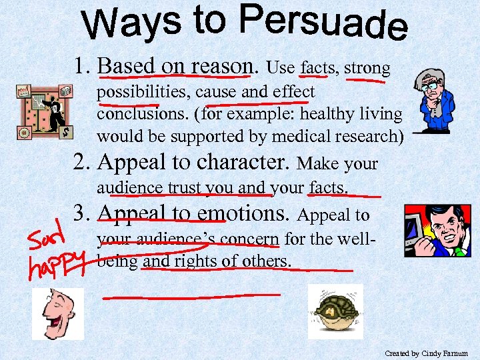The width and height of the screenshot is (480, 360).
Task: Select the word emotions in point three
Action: pos(240,213)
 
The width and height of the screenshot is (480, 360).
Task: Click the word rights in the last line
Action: pos(198,261)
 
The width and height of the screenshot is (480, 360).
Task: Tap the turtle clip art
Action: pos(335,311)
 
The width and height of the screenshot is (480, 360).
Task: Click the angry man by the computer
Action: pos(437,231)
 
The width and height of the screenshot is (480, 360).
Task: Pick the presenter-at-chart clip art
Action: pos(45,111)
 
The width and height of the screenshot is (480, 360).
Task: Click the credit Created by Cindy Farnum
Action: pos(426,353)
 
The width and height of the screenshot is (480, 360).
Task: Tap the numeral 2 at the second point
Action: pos(81,162)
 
